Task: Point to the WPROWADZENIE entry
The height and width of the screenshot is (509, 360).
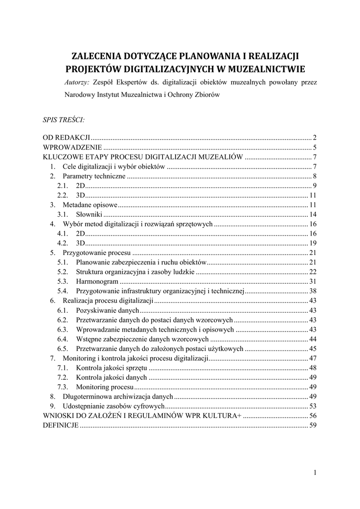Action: [x=73, y=147]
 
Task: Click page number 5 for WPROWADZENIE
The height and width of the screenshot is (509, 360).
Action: [x=315, y=147]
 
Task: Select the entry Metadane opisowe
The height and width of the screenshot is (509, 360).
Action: [x=90, y=205]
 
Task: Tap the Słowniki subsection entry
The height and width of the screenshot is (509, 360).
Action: [x=89, y=215]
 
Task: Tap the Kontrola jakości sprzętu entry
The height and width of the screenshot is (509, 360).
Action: [x=111, y=368]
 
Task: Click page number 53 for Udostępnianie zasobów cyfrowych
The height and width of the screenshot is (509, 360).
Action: [x=313, y=407]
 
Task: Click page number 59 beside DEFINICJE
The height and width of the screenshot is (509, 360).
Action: [x=313, y=425]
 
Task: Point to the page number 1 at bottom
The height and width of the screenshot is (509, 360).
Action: [x=315, y=472]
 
